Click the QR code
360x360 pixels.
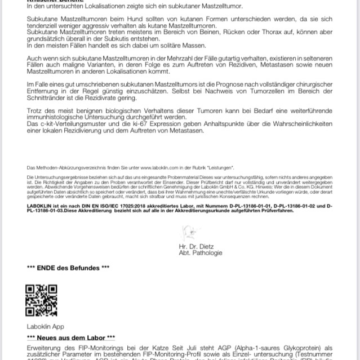point(42,301)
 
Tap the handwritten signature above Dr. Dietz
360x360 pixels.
point(189,233)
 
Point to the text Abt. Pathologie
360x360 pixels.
point(201,253)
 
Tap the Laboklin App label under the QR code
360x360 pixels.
point(46,326)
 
